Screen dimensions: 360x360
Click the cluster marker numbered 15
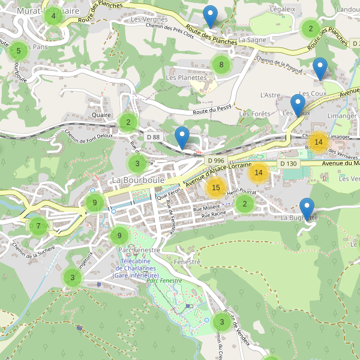tap(216, 188)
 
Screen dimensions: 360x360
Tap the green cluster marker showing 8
tap(221, 65)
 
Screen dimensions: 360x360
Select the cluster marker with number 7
tap(38, 226)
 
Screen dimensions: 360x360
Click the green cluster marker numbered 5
tap(19, 51)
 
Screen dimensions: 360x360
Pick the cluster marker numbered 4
tap(53, 16)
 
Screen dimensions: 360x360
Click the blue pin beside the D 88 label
tap(182, 138)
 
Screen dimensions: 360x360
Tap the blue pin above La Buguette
tap(307, 209)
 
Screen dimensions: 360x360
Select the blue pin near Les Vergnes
tap(210, 16)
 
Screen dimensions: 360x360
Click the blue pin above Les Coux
tap(320, 69)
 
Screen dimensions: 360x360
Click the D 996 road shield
tap(216, 161)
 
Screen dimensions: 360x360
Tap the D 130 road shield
tap(288, 164)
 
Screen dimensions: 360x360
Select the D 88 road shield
tap(153, 137)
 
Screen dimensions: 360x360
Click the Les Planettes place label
tap(186, 77)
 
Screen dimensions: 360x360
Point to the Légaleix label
tap(283, 9)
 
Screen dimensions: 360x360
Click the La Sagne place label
tap(252, 40)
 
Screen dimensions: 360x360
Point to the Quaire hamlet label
tap(102, 115)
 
